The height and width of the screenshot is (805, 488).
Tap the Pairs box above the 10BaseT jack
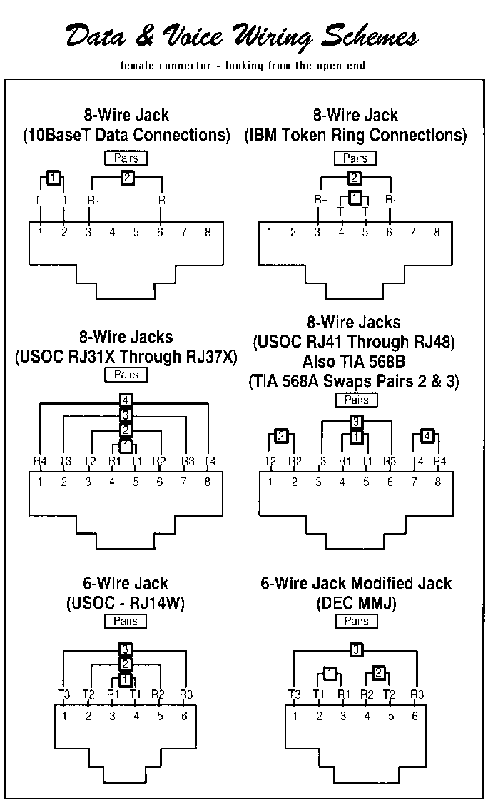click(x=126, y=158)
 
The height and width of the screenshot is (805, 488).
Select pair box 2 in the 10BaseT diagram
click(x=127, y=178)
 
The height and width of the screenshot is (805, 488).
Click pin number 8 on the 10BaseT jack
click(x=208, y=231)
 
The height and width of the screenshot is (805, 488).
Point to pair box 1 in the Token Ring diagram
click(x=356, y=197)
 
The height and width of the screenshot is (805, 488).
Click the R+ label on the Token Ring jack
click(x=320, y=201)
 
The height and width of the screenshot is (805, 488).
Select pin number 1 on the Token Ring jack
click(x=270, y=231)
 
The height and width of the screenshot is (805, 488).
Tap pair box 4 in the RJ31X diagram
click(x=126, y=400)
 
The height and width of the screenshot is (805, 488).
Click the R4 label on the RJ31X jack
click(x=41, y=461)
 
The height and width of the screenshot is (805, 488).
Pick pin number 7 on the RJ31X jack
click(x=183, y=482)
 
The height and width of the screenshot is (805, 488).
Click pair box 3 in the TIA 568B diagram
click(x=356, y=421)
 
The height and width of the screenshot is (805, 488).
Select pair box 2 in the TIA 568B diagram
click(x=281, y=435)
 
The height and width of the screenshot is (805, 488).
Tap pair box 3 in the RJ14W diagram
click(x=126, y=649)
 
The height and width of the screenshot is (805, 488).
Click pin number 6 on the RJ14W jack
click(x=183, y=716)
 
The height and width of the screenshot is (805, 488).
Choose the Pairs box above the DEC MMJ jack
click(x=356, y=621)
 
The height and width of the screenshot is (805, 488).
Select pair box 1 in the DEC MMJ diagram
click(x=330, y=673)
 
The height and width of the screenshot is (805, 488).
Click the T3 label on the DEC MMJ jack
click(x=294, y=694)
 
